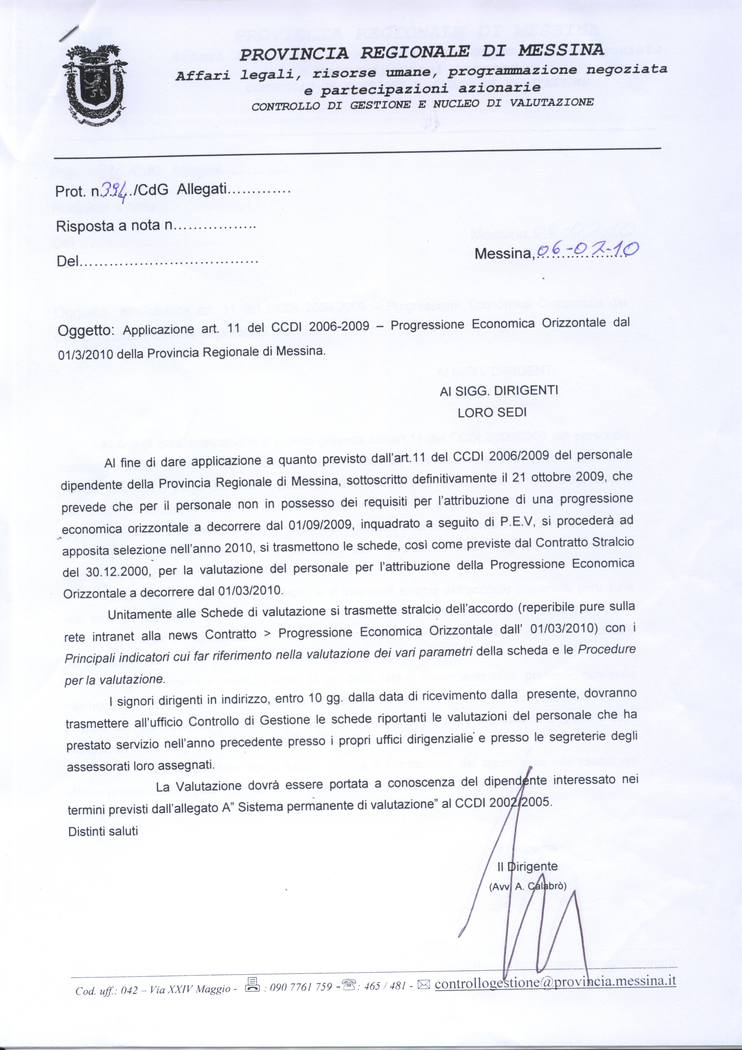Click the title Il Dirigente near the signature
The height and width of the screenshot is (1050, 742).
(527, 866)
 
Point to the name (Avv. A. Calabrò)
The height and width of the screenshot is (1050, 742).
(528, 886)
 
